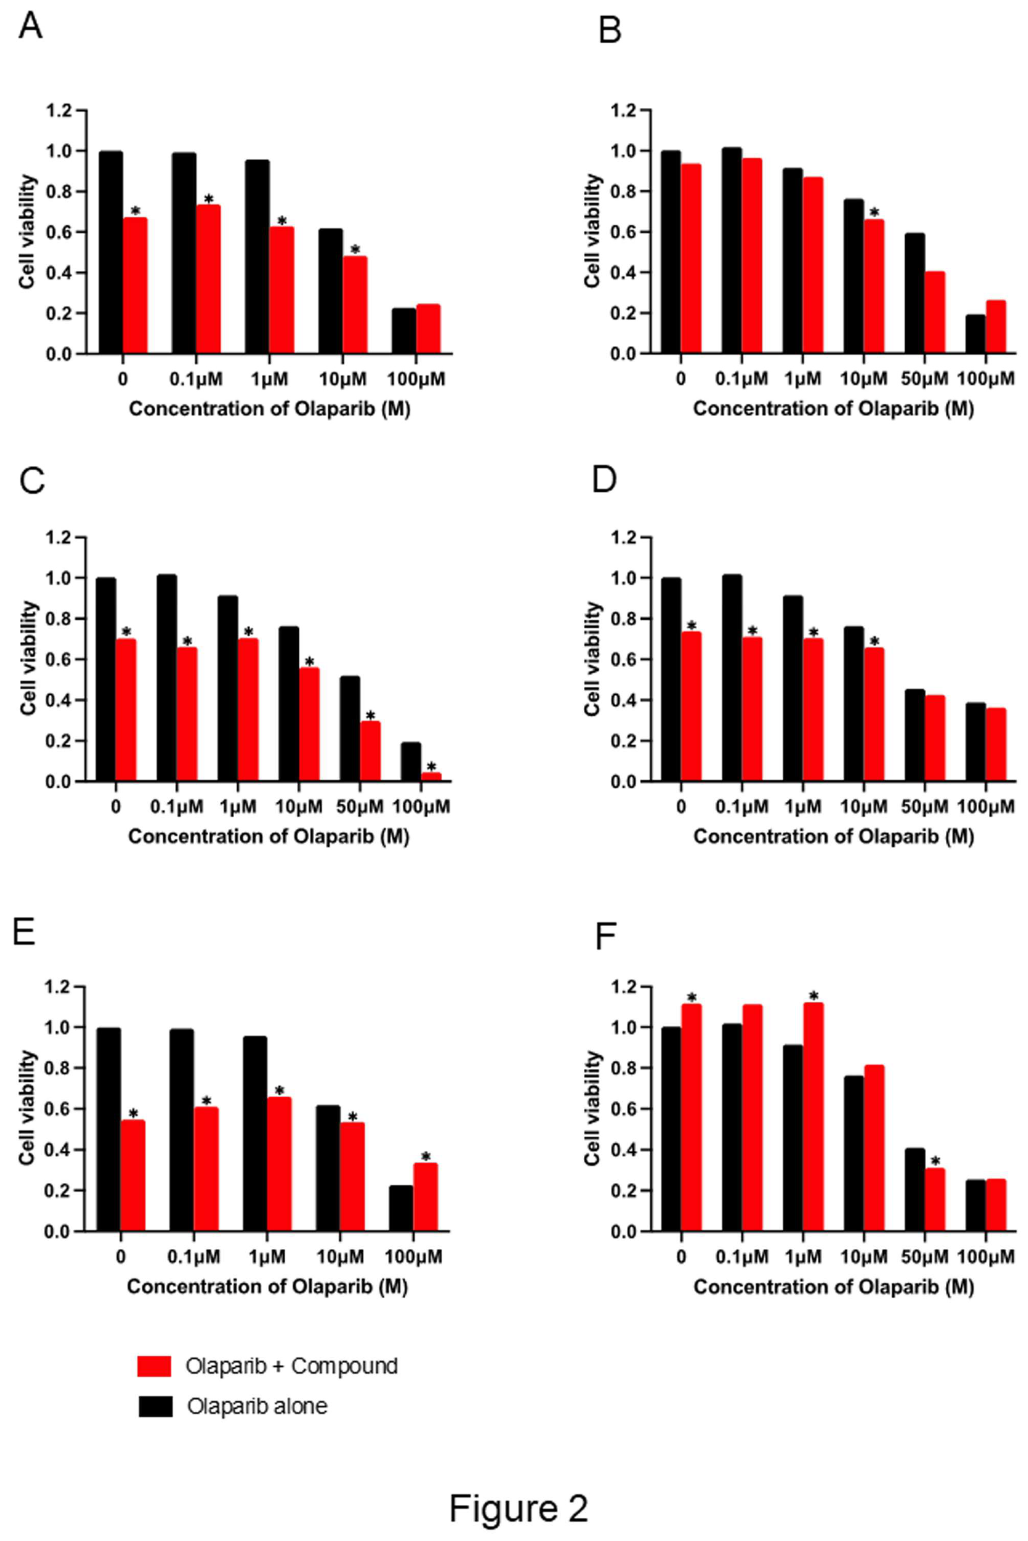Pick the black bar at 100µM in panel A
pos(404,331)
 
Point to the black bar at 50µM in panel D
pos(914,735)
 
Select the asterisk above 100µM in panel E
pos(426,1157)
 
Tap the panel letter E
pos(24,932)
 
